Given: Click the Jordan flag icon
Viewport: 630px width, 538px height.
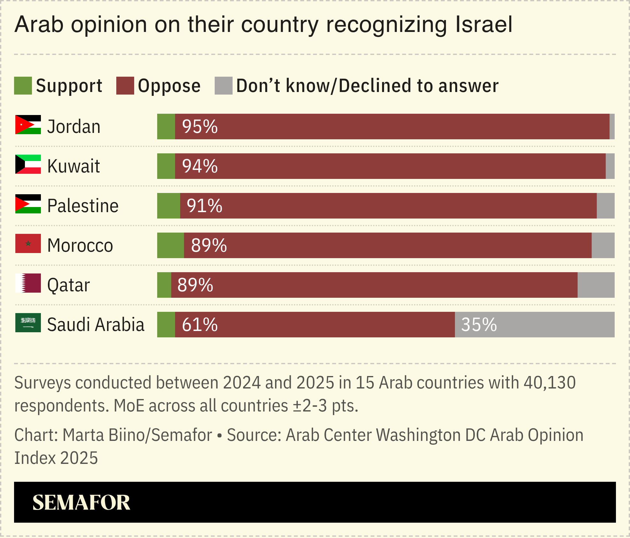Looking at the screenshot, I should point(28,125).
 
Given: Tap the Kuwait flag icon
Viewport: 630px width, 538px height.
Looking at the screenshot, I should point(28,164).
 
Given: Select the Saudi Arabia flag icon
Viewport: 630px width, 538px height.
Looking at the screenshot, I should point(28,323).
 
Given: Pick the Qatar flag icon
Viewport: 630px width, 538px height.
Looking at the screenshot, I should point(28,283).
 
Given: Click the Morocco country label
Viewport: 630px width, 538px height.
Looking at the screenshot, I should point(80,245).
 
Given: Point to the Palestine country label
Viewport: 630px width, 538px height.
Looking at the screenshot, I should point(83,206).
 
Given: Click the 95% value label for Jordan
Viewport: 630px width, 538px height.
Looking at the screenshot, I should point(200,127).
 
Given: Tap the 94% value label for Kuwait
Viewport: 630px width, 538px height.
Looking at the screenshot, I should point(200,166).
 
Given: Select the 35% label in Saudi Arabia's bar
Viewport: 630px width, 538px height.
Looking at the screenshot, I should point(479,325).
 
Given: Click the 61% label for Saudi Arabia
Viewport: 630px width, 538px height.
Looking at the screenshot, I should point(200,325).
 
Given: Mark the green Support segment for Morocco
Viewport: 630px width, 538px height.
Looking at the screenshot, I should point(170,245).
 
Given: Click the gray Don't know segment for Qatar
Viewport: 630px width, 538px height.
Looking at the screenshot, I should point(596,285).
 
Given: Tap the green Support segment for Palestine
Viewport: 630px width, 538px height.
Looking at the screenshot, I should point(168,206).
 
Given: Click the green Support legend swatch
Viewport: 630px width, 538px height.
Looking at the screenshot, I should point(23,86).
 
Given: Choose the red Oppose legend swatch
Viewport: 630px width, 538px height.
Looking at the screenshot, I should point(125,86).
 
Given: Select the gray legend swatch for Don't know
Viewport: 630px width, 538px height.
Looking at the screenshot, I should point(223,86).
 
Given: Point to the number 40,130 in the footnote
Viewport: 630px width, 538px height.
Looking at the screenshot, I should point(549,382).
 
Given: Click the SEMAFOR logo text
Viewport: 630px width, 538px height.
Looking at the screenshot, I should point(81,503).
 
